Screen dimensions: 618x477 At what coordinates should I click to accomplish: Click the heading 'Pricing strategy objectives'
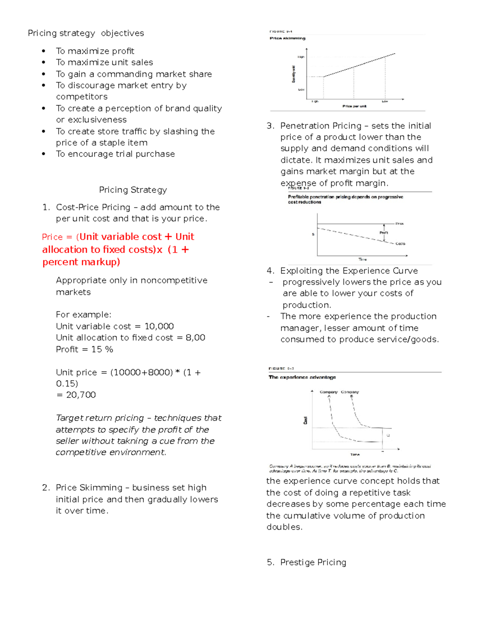[x=86, y=33]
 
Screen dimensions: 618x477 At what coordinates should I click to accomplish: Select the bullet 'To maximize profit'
[x=95, y=51]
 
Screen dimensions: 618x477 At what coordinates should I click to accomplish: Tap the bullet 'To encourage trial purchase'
[x=115, y=154]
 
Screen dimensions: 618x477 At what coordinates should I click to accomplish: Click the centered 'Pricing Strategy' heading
[x=133, y=190]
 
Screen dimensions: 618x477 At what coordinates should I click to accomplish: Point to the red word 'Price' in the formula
[x=52, y=237]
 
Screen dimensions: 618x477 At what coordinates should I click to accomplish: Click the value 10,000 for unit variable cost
[x=159, y=326]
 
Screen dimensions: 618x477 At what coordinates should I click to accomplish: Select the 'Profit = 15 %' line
[x=84, y=349]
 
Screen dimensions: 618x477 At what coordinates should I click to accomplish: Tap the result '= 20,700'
[x=76, y=395]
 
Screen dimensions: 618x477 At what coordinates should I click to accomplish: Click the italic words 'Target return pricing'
[x=100, y=418]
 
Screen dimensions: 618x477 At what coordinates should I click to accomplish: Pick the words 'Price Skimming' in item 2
[x=89, y=487]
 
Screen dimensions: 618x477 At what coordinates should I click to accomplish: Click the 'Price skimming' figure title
[x=287, y=38]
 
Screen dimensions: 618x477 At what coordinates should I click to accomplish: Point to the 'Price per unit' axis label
[x=354, y=106]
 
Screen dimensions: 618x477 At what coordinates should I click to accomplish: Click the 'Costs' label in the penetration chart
[x=400, y=244]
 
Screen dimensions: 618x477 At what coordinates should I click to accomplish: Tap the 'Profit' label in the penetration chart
[x=384, y=233]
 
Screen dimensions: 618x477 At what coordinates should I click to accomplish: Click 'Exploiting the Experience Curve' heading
[x=349, y=271]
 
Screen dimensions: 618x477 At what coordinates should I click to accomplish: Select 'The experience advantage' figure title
[x=302, y=377]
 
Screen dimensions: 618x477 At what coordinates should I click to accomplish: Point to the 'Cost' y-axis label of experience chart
[x=305, y=421]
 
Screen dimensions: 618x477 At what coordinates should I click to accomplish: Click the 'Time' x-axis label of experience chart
[x=355, y=454]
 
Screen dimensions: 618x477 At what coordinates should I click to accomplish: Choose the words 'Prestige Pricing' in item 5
[x=313, y=562]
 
